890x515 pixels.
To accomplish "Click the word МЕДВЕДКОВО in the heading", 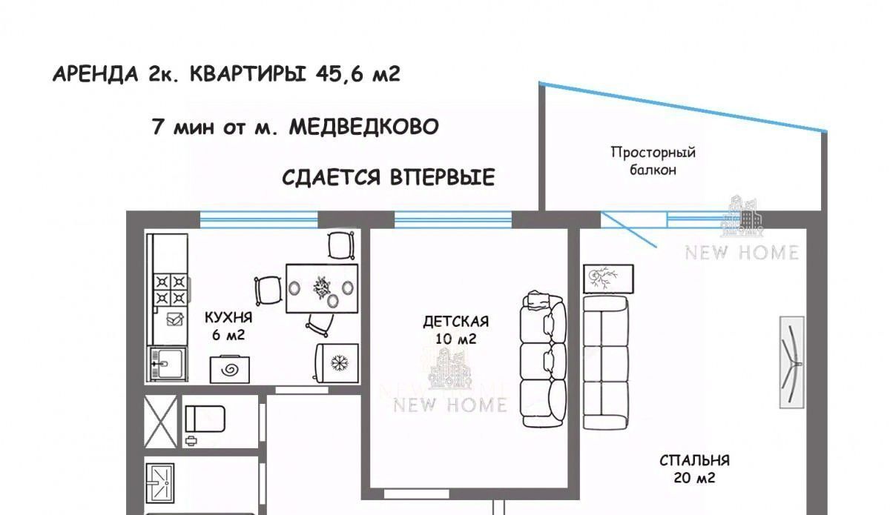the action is (363, 127).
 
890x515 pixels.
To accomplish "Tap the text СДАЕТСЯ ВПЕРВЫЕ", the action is (389, 177).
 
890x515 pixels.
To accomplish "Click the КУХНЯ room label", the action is (228, 317).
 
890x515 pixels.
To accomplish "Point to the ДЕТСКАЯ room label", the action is (455, 322).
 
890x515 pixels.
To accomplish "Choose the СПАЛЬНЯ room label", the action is (694, 461).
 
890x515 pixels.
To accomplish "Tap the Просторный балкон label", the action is (653, 161).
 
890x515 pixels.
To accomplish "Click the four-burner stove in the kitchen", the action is (171, 290).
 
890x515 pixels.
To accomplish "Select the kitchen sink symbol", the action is (167, 364).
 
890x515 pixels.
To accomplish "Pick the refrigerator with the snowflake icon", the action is (337, 363).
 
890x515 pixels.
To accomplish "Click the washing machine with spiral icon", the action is (230, 369).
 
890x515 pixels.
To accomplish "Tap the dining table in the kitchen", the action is (322, 288).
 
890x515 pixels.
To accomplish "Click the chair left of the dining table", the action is (268, 290).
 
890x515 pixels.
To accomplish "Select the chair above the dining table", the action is (341, 246).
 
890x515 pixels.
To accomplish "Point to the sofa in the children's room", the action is (543, 359).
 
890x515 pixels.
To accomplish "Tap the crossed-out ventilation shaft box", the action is (160, 422).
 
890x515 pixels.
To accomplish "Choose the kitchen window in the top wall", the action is (259, 219).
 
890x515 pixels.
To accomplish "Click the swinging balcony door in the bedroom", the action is (628, 230).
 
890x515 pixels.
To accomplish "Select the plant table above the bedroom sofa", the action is (608, 279).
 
